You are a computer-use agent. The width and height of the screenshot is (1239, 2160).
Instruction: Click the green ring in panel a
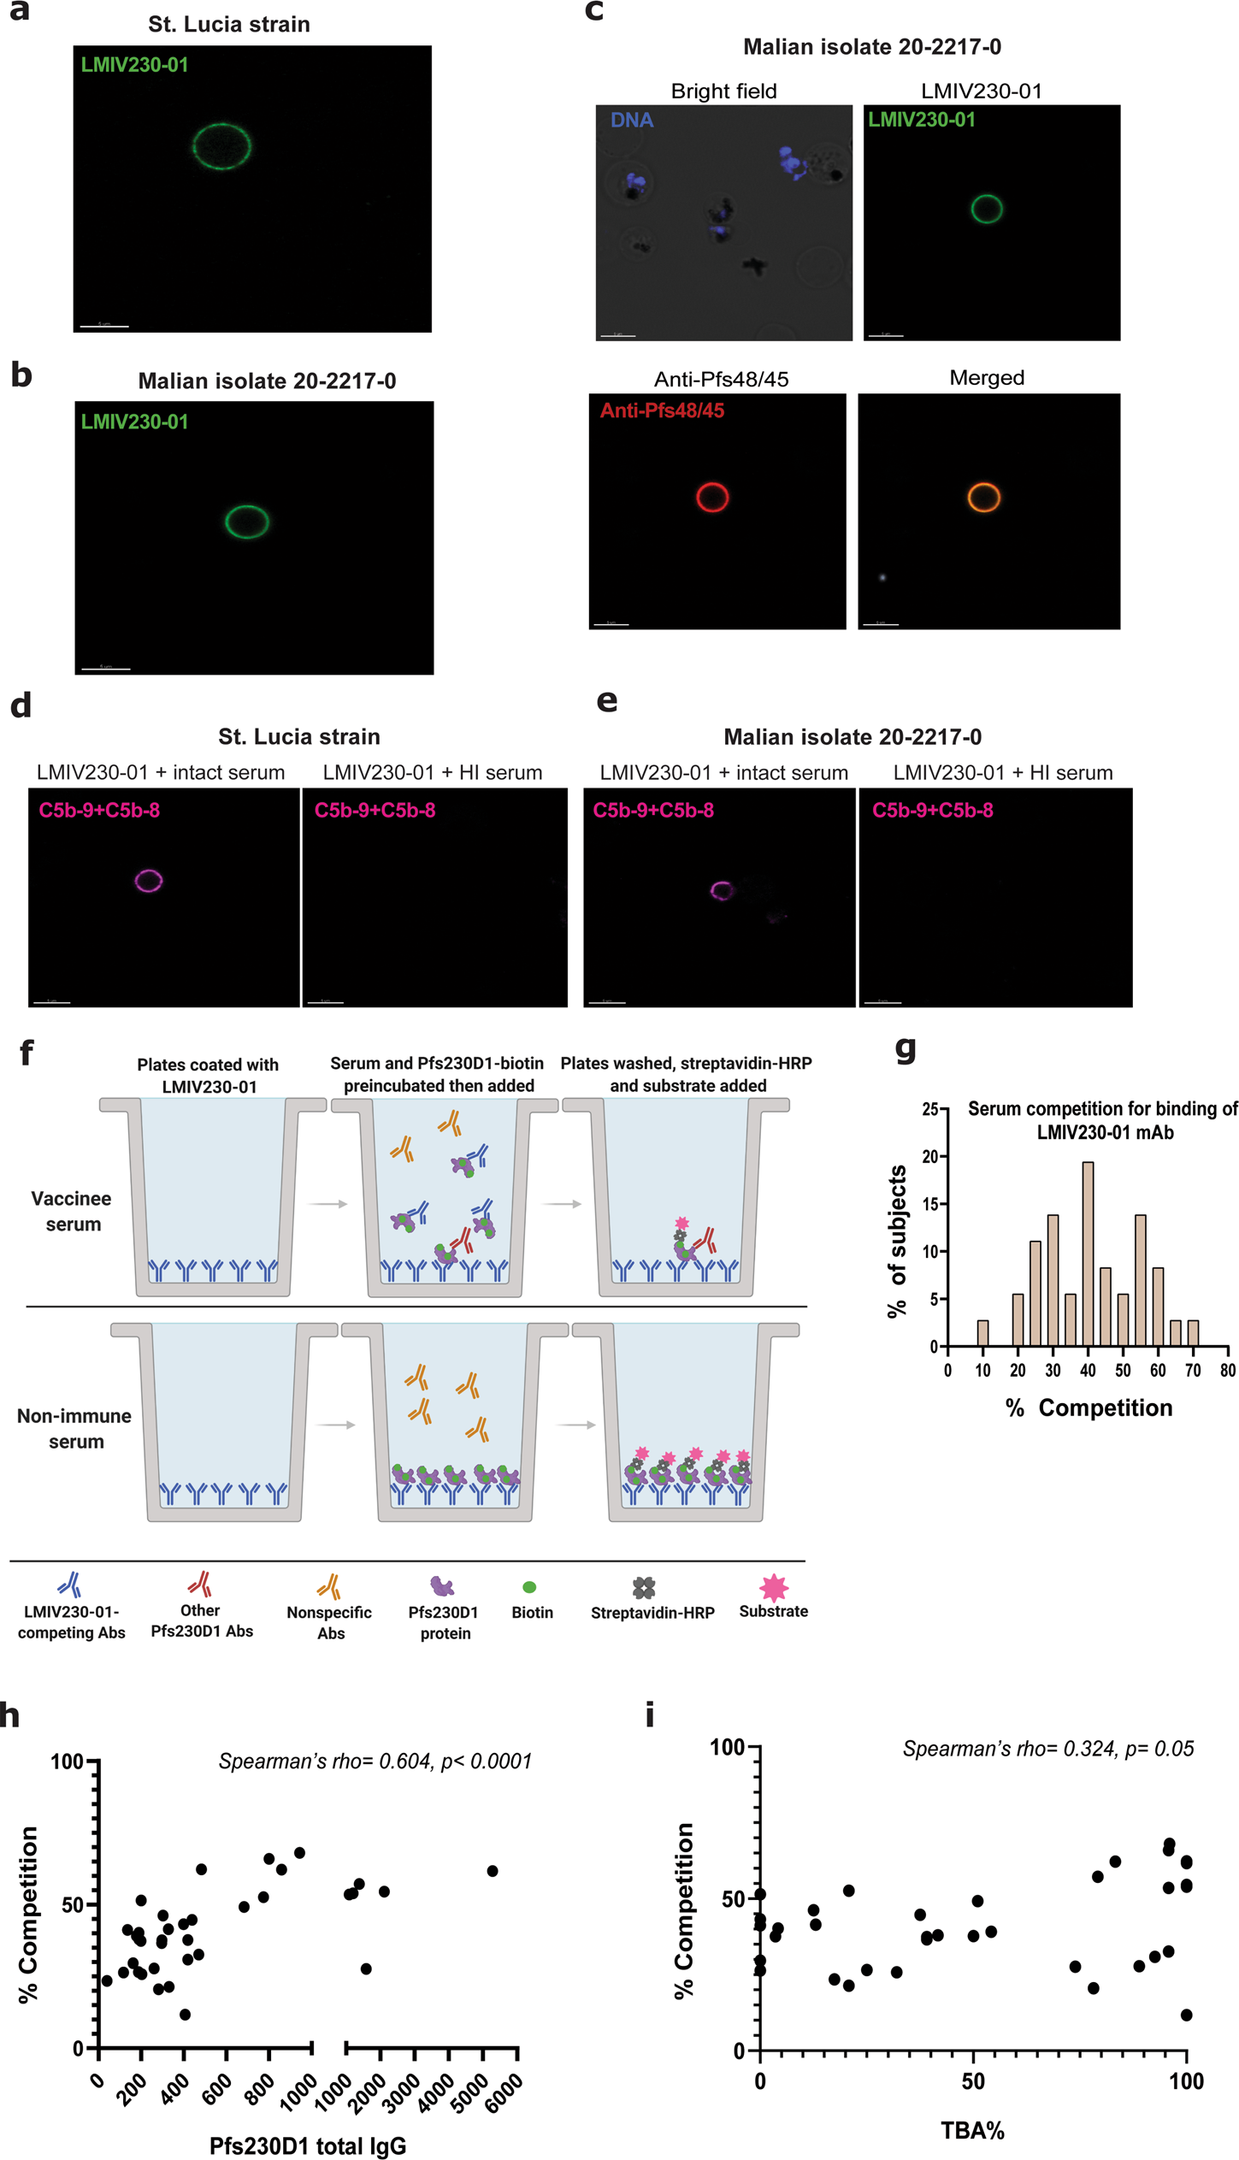tap(221, 146)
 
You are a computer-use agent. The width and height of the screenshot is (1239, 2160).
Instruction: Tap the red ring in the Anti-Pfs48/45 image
tap(712, 497)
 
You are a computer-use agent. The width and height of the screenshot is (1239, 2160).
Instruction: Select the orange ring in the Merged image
tap(983, 497)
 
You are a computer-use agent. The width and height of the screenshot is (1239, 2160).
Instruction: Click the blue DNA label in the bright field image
tap(632, 121)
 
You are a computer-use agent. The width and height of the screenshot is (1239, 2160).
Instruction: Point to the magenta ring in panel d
tap(149, 881)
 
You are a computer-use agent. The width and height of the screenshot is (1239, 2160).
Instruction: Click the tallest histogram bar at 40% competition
tap(1087, 1254)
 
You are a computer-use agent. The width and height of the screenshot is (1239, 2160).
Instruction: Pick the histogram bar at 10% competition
tap(982, 1333)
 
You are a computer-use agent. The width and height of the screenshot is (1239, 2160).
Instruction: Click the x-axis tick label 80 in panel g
tap(1227, 1371)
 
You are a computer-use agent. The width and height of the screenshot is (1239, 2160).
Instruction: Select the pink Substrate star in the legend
tap(773, 1587)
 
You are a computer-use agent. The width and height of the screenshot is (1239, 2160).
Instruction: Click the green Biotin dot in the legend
tap(529, 1588)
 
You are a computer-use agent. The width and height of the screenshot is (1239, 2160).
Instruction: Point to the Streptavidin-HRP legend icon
tap(644, 1588)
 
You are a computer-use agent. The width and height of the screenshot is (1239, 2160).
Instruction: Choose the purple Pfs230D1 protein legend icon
tap(441, 1587)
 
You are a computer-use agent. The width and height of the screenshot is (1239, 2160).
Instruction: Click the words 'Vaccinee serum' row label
tap(72, 1211)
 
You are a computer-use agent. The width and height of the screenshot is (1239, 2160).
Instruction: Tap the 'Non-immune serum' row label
tap(74, 1428)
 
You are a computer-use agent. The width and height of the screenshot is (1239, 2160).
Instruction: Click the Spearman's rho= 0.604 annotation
tap(375, 1762)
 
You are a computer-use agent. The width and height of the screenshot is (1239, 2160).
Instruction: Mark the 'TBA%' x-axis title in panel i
tap(972, 2130)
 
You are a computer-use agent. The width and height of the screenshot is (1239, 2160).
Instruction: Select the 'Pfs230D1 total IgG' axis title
tap(308, 2145)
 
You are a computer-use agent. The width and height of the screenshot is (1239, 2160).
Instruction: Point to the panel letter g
tap(905, 1048)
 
